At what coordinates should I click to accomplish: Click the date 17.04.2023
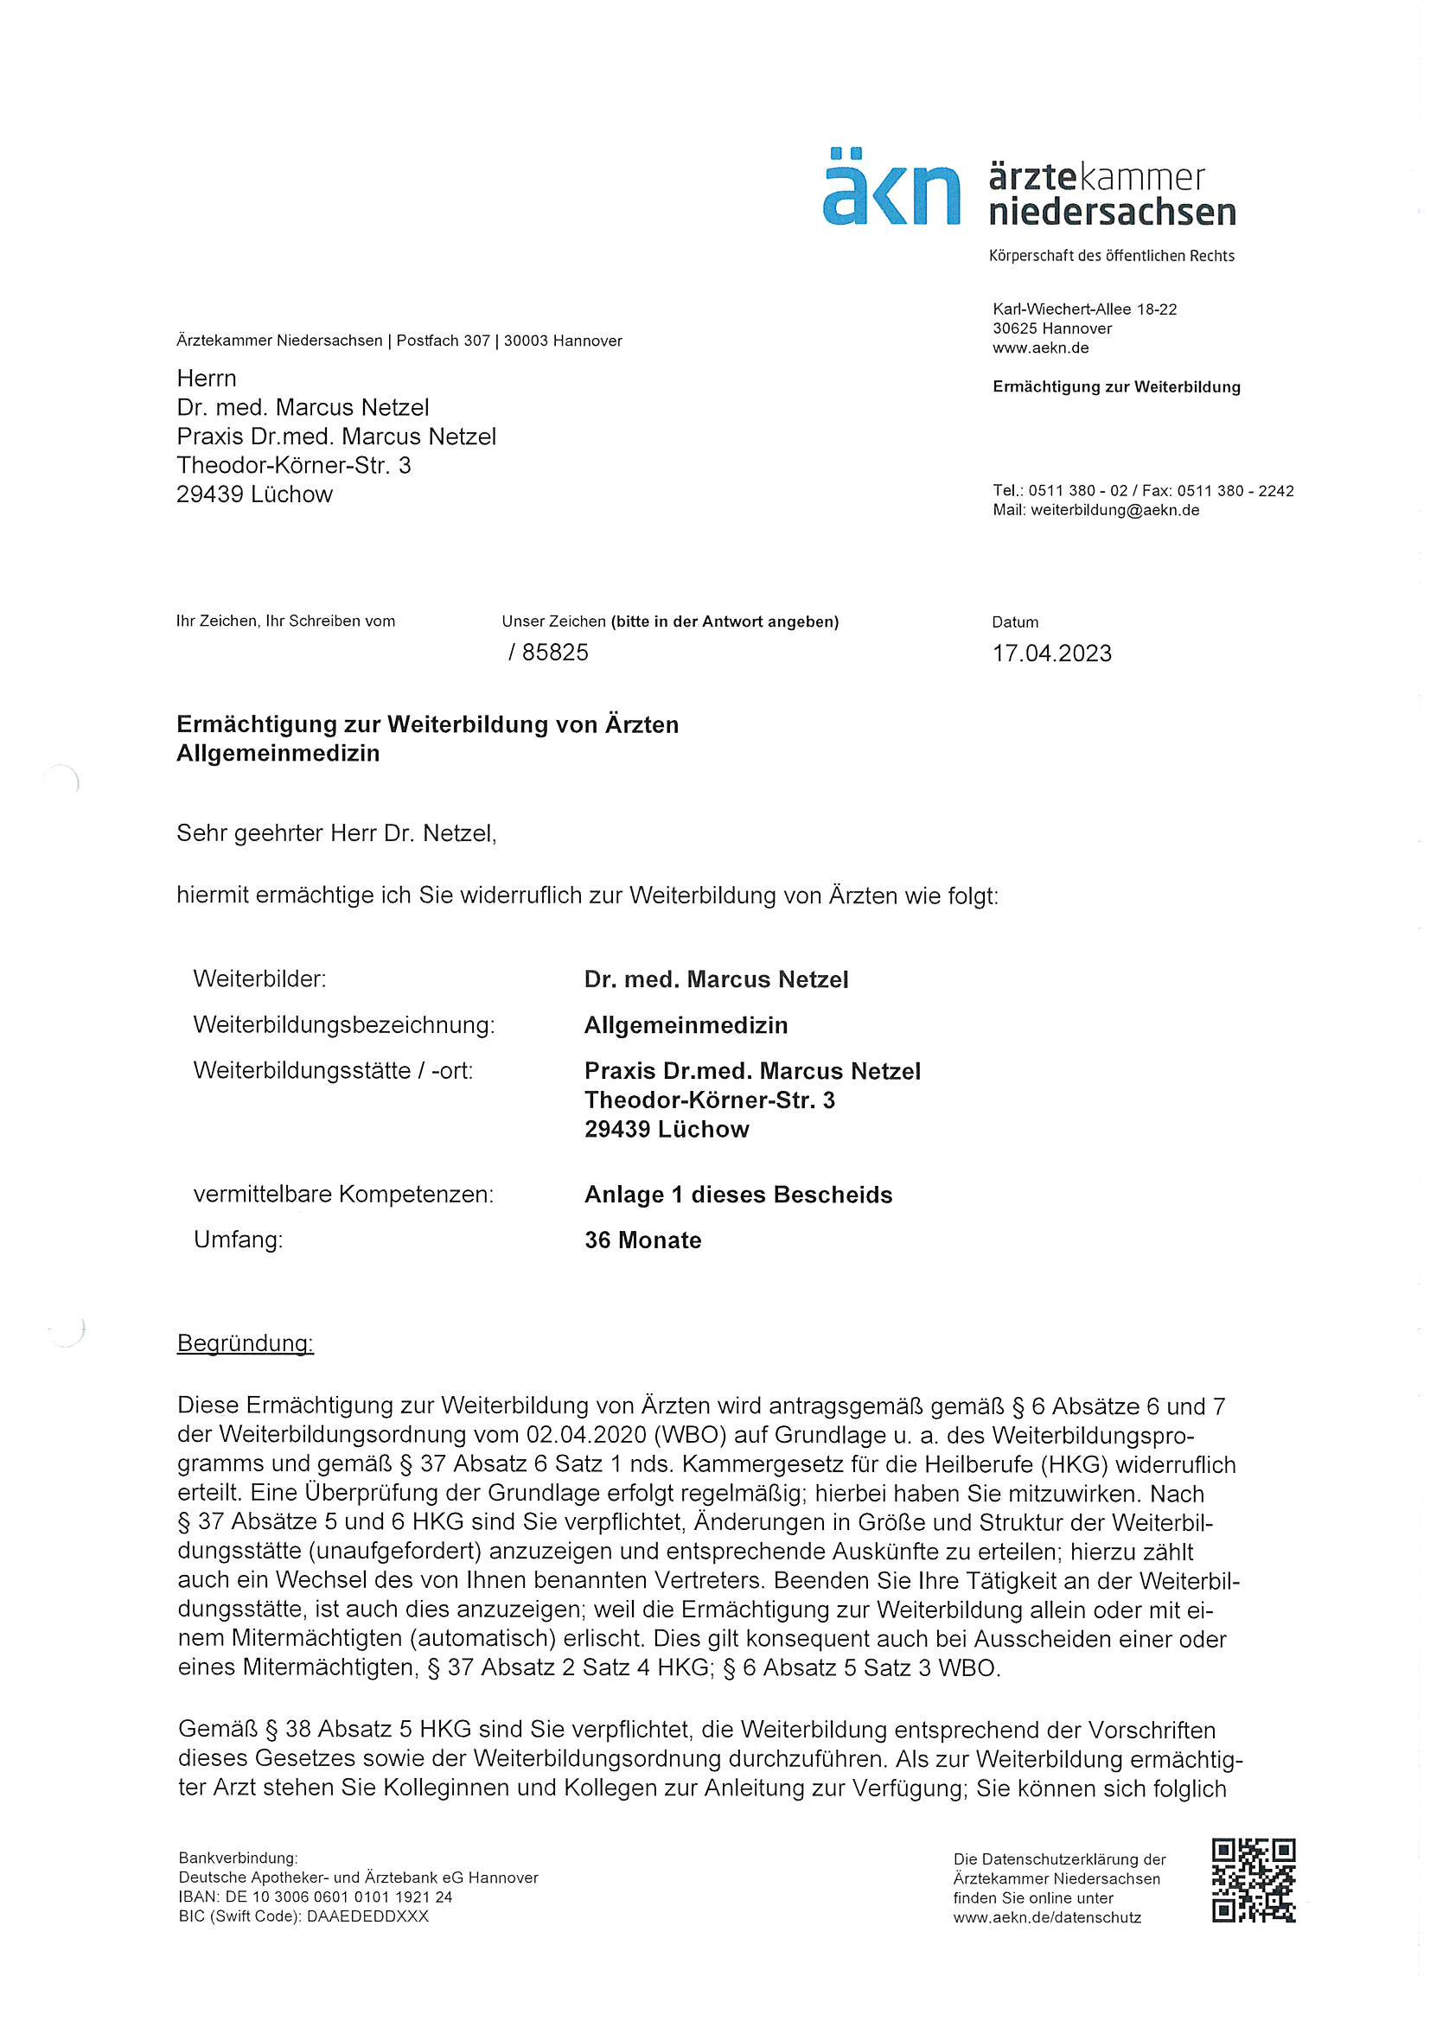1051,653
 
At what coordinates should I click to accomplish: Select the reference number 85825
555,653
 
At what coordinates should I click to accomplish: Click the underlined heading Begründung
245,1343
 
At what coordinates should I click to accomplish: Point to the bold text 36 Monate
642,1240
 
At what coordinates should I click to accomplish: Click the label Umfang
238,1240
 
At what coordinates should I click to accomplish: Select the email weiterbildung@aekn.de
1114,510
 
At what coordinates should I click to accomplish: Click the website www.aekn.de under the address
1041,347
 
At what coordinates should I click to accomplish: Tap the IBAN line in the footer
316,1897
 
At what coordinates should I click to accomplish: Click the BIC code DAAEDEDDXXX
367,1916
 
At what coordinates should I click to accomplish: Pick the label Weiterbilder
259,979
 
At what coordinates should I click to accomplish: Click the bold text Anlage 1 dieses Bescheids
737,1195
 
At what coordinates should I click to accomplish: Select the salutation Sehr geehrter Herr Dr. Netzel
336,832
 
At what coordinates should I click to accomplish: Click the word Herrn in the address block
206,379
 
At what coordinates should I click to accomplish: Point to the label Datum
1014,622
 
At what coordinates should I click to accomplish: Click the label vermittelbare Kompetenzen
343,1195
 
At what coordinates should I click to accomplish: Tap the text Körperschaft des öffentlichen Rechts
1111,255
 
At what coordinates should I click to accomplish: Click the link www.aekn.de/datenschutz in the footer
1047,1917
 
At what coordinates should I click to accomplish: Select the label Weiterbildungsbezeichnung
343,1024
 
